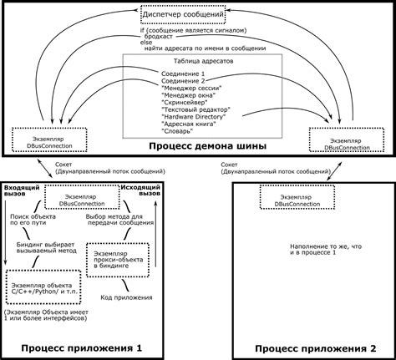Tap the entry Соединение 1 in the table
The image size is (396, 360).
tap(182, 75)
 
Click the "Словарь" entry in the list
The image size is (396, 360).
tap(177, 132)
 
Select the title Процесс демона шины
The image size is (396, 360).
tap(208, 146)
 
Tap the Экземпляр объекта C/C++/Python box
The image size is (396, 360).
tap(39, 290)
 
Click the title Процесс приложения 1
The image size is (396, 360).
tap(81, 347)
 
